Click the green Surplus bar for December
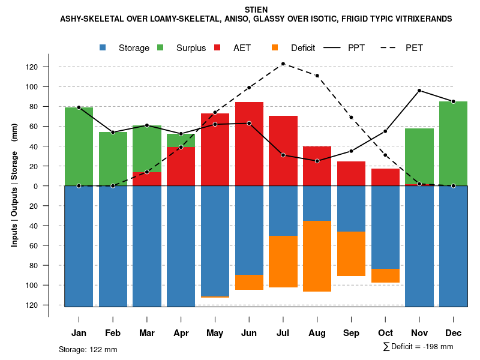point(453,143)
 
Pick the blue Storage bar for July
point(283,211)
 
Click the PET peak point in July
point(283,64)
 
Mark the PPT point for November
point(419,91)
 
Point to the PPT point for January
point(79,107)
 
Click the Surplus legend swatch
point(161,48)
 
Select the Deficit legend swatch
point(275,48)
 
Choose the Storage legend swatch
point(103,48)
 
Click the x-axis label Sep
point(351,333)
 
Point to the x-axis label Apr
point(181,333)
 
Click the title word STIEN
point(257,10)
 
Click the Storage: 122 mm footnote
point(88,349)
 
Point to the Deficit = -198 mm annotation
point(418,347)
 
